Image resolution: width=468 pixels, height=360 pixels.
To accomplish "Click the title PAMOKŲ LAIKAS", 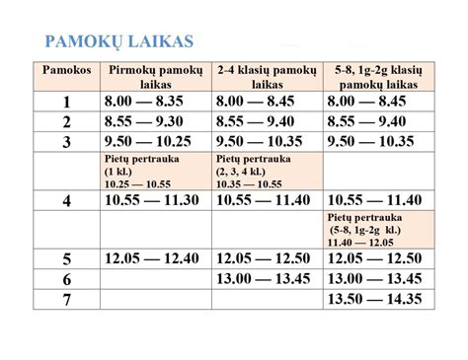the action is coord(120,43).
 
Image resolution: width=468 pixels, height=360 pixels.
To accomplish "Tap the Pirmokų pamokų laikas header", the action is coord(156,80).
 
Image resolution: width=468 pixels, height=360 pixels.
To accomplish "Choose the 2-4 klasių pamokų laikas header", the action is coord(267,80).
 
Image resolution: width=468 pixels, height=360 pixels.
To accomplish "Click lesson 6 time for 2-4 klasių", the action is coord(267,278).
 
